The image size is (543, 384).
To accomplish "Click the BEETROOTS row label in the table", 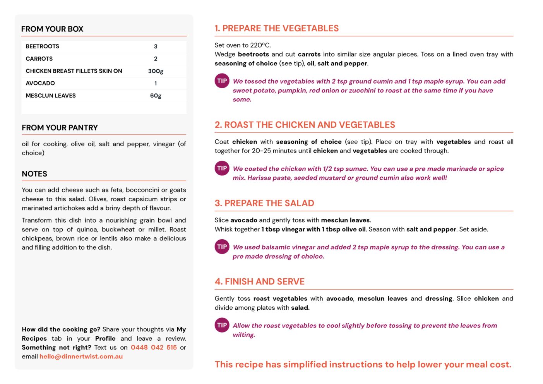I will [x=43, y=46].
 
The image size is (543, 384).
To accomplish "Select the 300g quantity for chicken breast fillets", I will [x=156, y=71].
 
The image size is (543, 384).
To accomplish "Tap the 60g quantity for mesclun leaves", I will [x=156, y=96].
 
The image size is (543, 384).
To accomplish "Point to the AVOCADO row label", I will [x=40, y=83].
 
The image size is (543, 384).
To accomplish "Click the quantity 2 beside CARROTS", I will [x=156, y=59].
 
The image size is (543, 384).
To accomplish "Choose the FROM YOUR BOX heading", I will [x=52, y=29].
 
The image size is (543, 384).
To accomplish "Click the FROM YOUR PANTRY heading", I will [x=60, y=128].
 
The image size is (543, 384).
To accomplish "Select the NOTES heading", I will [x=34, y=174].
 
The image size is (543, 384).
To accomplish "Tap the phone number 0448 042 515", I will [x=154, y=347].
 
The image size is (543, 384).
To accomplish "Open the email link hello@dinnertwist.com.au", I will [x=81, y=357].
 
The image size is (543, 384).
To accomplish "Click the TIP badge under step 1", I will [x=222, y=81].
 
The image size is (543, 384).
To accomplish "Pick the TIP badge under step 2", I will [x=222, y=168].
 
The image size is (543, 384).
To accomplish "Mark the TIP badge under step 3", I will [x=222, y=247].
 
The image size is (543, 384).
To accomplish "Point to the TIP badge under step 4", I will [x=222, y=325].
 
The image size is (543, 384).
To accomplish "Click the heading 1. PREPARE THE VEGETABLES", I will [x=277, y=28].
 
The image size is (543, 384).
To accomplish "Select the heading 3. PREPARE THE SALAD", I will [x=264, y=203].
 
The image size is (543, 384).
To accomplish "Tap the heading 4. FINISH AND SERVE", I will [x=260, y=281].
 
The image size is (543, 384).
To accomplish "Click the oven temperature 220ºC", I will [x=260, y=45].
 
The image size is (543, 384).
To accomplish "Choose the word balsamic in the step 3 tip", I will [x=275, y=247].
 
